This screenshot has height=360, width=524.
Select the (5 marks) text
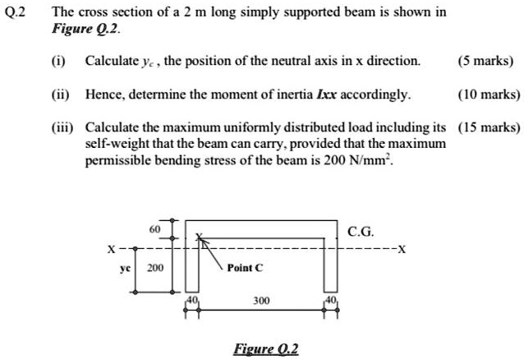pos(488,62)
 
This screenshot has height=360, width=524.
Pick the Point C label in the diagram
pos(245,268)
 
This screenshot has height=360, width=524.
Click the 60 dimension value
pos(154,230)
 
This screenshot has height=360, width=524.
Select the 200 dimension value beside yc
pos(154,268)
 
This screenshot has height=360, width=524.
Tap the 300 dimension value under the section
pos(260,302)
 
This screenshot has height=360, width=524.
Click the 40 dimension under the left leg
pos(193,301)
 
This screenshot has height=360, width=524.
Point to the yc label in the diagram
pos(126,268)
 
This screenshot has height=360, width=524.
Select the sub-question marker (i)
pos(61,62)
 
